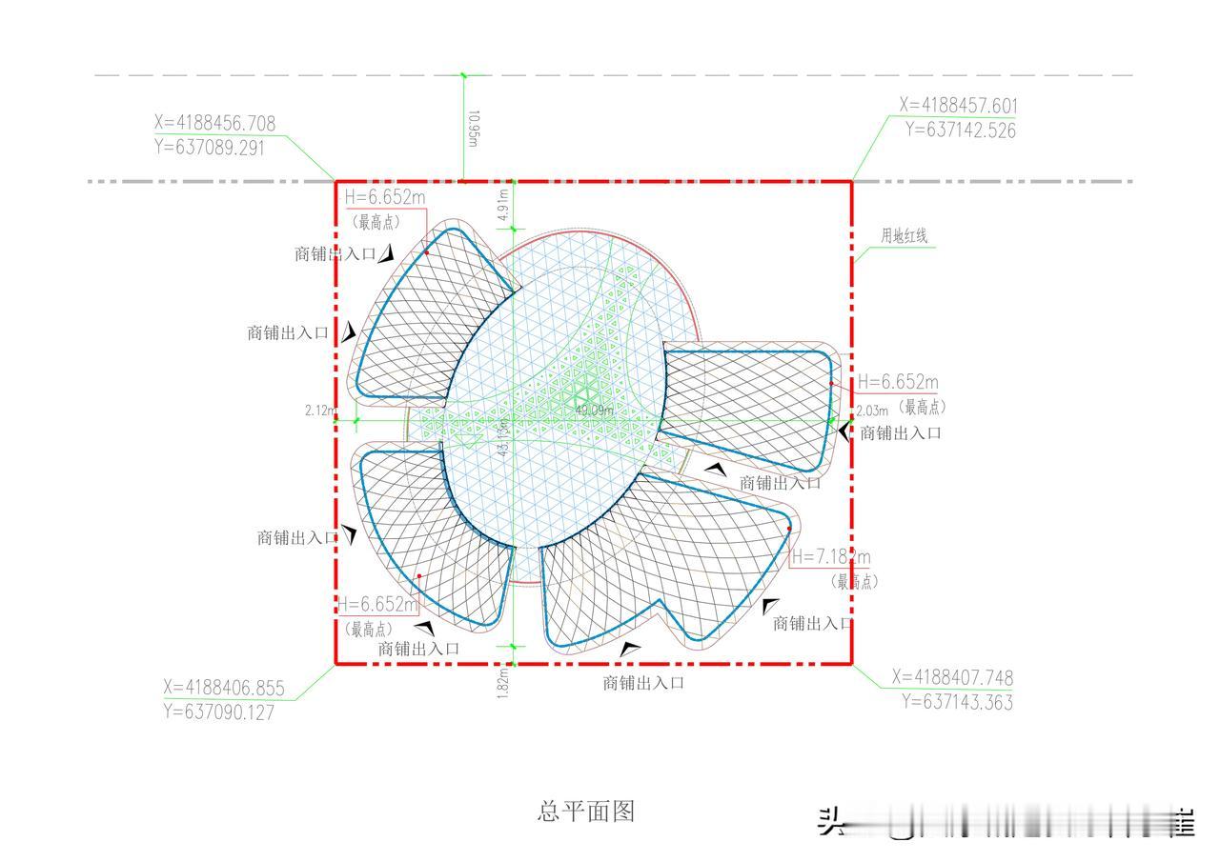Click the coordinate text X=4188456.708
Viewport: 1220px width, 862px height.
214,123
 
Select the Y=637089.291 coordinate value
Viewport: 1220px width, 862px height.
209,148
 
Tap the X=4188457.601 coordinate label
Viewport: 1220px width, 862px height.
959,105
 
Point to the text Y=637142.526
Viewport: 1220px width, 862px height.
960,130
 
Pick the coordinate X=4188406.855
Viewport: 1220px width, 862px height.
224,688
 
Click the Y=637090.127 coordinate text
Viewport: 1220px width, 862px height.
218,712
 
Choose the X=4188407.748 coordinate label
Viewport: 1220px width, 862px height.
952,678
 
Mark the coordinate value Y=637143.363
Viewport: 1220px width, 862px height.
957,703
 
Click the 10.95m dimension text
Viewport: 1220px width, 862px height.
473,129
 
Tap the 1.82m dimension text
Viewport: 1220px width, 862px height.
502,682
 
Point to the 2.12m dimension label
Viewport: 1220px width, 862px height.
320,411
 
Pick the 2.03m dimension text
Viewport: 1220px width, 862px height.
872,411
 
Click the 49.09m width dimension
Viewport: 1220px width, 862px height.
594,411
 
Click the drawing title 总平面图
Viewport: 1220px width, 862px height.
586,812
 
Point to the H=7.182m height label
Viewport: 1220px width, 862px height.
830,557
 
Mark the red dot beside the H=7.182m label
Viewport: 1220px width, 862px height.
789,529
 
